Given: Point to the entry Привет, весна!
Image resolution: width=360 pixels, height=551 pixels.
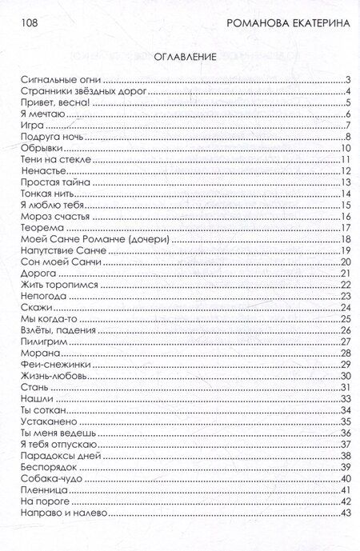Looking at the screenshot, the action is [47, 103].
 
